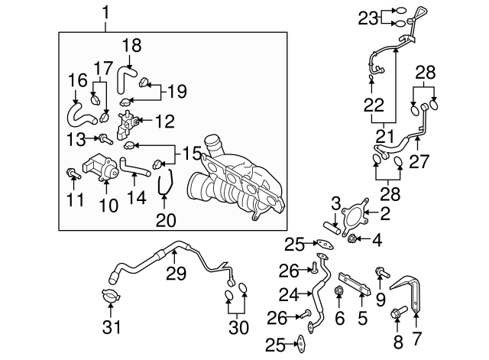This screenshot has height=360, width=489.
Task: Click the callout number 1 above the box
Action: pos(106,12)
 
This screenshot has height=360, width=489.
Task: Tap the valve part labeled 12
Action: pos(128,122)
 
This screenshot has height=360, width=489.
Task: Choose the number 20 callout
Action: pos(166,221)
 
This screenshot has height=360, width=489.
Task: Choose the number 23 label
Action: pos(367,17)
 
